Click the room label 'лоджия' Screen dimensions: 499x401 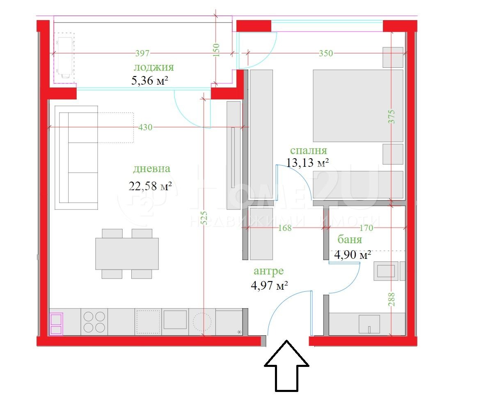pos(154,67)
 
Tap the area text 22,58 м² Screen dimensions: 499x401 pos(150,186)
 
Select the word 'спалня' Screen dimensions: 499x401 pos(309,151)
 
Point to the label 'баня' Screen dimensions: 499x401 pos(350,240)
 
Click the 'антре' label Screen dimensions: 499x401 pos(269,271)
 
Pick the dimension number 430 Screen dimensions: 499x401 pos(145,127)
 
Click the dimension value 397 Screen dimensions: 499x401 pos(142,53)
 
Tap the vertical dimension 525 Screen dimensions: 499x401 pos(204,218)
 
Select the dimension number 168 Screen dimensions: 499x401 pos(285,228)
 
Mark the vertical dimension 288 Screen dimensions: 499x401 pos(391,299)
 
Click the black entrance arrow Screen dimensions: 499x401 pos(286,366)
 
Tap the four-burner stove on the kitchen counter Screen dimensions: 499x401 pos(94,322)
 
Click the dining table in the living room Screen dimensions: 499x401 pos(127,254)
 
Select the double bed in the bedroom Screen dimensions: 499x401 pos(358,106)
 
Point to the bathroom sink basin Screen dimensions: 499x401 pos(369,324)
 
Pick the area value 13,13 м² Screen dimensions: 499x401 pos(307,163)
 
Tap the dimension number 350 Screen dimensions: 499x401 pos(326,53)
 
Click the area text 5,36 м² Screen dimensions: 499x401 pos(149,81)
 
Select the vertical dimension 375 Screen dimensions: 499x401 pos(391,117)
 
